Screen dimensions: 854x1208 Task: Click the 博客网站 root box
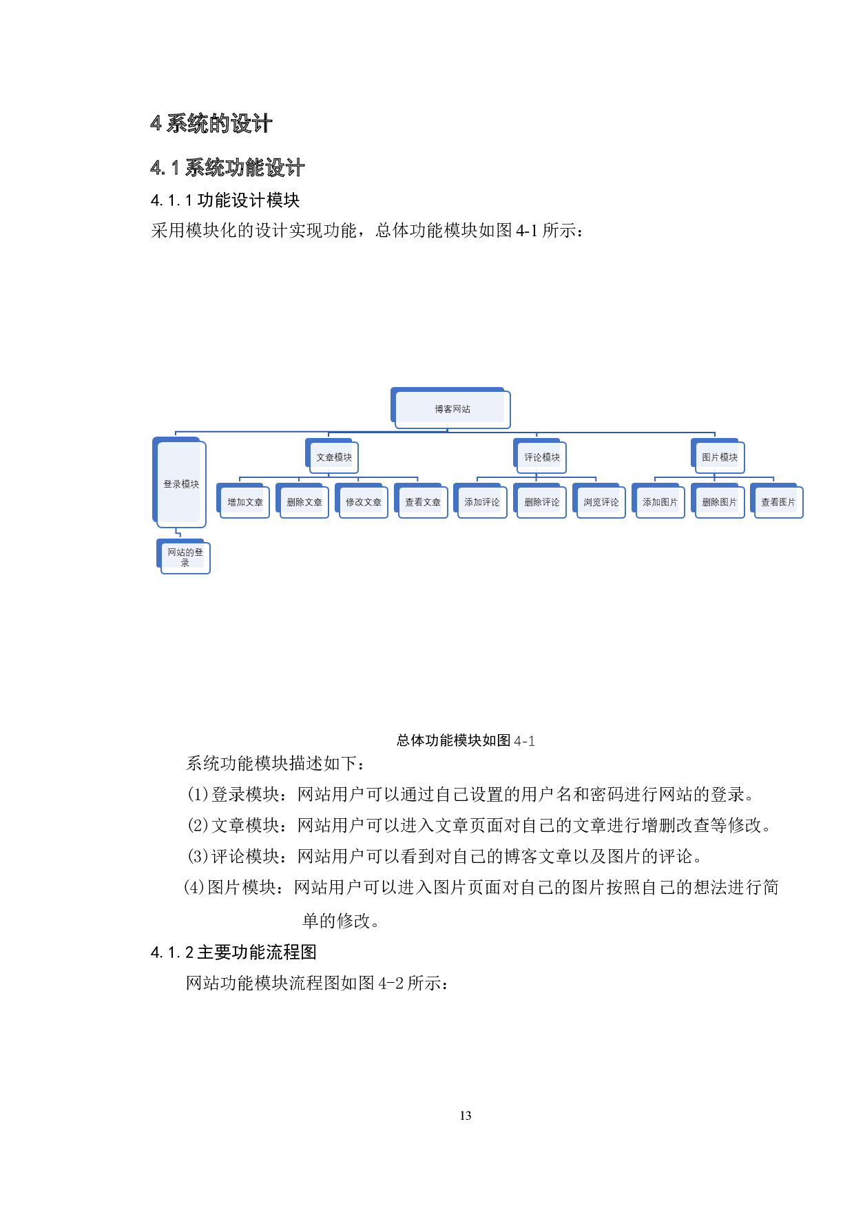(451, 408)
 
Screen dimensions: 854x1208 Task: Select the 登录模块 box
(179, 482)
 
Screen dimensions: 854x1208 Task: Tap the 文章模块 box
(332, 456)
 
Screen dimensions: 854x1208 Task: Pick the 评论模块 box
(540, 456)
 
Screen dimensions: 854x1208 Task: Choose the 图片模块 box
(718, 456)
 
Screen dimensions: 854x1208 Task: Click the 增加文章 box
(243, 501)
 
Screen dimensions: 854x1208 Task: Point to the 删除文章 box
(302, 501)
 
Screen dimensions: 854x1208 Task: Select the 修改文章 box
(362, 501)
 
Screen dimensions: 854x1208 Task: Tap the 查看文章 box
(421, 501)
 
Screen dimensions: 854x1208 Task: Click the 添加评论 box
(481, 501)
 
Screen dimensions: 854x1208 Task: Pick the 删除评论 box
(540, 501)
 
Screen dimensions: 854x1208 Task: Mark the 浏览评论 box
(599, 501)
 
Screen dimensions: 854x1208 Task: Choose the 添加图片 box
(658, 501)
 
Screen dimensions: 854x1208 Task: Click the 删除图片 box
(718, 501)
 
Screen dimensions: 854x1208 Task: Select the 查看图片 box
(777, 501)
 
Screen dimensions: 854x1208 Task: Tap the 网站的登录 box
(183, 556)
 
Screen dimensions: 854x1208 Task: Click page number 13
(466, 1116)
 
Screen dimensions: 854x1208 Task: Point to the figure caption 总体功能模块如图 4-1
(466, 740)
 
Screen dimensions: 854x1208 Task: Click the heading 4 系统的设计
(211, 124)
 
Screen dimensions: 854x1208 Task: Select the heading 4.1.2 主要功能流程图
(233, 952)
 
